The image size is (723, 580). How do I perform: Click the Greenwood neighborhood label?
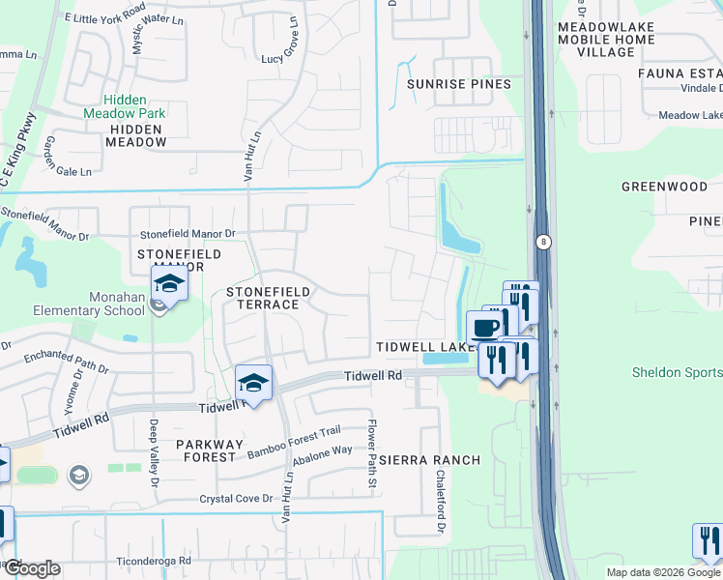(664, 187)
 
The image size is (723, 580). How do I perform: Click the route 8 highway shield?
(544, 243)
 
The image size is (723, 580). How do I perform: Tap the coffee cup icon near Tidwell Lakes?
(484, 327)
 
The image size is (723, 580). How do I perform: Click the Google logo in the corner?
(32, 567)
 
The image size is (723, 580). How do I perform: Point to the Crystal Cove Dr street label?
(237, 500)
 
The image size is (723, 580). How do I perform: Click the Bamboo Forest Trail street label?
(294, 443)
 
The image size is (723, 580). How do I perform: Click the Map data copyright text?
(663, 572)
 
